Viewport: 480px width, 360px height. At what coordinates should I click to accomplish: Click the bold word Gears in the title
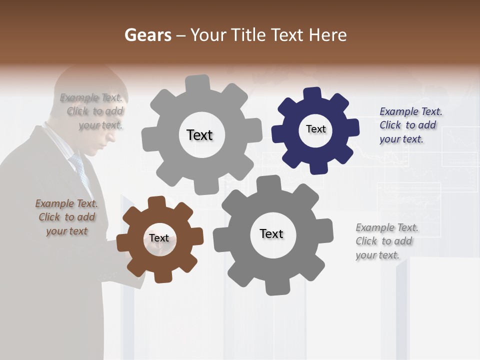coord(147,35)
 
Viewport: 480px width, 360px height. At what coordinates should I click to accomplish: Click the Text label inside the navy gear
coord(315,129)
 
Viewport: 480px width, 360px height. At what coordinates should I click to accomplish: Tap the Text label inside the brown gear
coord(159,238)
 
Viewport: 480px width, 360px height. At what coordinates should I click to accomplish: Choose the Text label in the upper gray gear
coord(199,135)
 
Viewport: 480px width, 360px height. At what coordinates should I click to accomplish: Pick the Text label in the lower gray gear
coord(271,233)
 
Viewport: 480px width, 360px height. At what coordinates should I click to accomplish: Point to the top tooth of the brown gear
coord(157,202)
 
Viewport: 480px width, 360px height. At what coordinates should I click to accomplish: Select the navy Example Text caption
coord(410,125)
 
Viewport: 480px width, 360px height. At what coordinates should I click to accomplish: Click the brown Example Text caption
coord(66,217)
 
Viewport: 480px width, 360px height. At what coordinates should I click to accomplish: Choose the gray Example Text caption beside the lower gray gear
coord(386,241)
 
